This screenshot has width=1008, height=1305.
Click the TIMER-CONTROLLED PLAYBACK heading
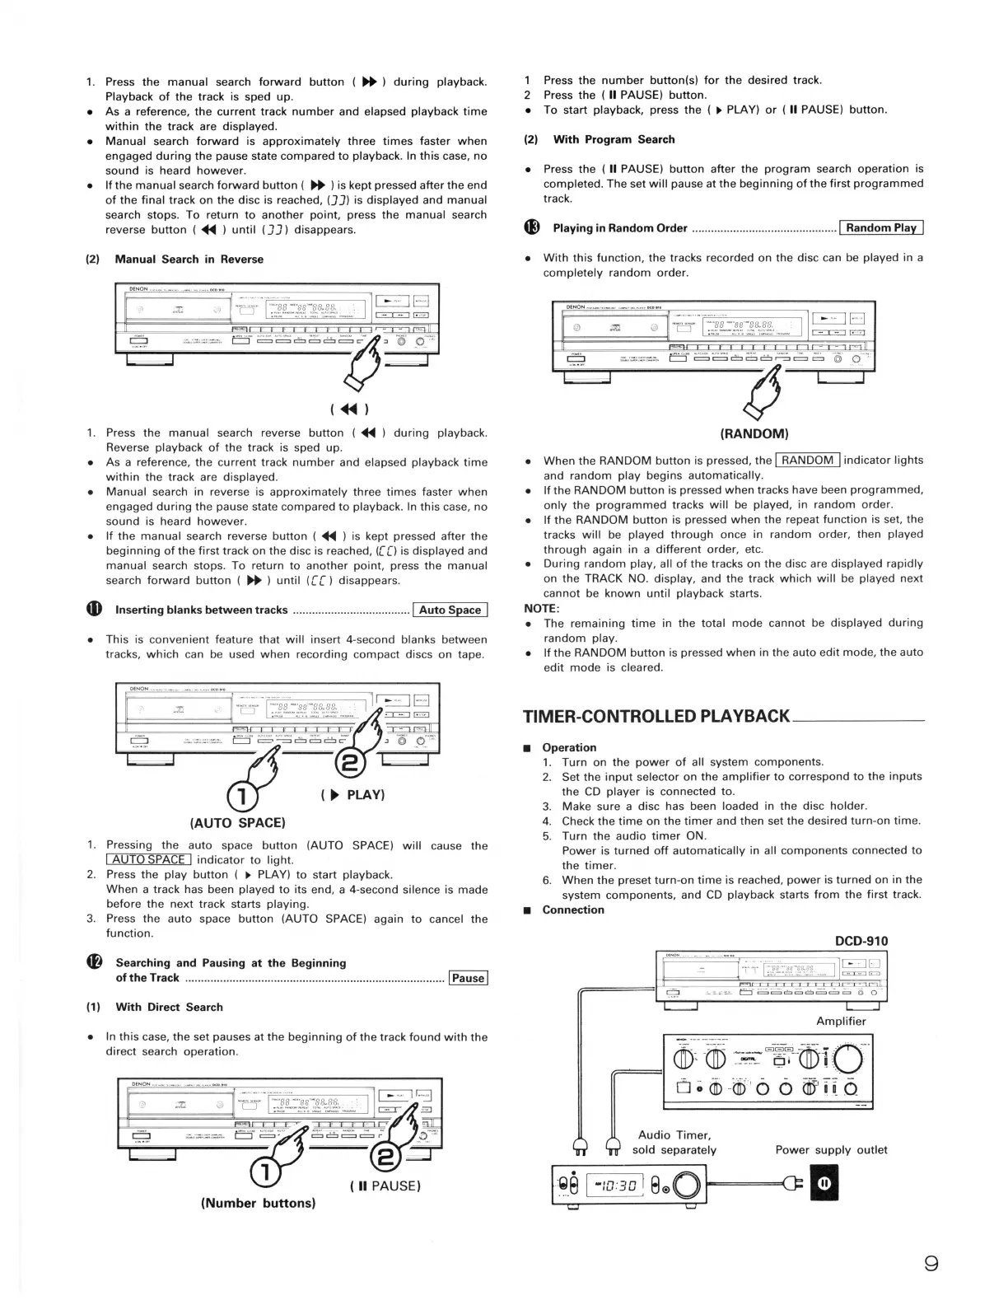point(656,716)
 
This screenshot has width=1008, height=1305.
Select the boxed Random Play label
point(881,228)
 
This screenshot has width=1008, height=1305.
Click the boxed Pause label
point(468,978)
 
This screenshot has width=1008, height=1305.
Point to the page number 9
point(931,1263)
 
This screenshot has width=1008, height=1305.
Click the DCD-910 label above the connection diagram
point(861,941)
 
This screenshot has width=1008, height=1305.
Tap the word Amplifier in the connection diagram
point(841,1021)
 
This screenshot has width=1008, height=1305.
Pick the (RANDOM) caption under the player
point(754,433)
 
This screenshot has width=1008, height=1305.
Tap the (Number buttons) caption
point(258,1203)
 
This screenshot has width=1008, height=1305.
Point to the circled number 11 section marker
point(94,610)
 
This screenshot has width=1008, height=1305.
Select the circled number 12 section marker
point(94,963)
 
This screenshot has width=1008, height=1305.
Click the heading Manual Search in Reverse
point(189,259)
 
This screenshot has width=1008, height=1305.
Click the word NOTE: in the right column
point(542,608)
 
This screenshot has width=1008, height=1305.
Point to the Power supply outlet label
point(831,1149)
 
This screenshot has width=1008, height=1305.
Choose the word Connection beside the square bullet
point(572,910)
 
